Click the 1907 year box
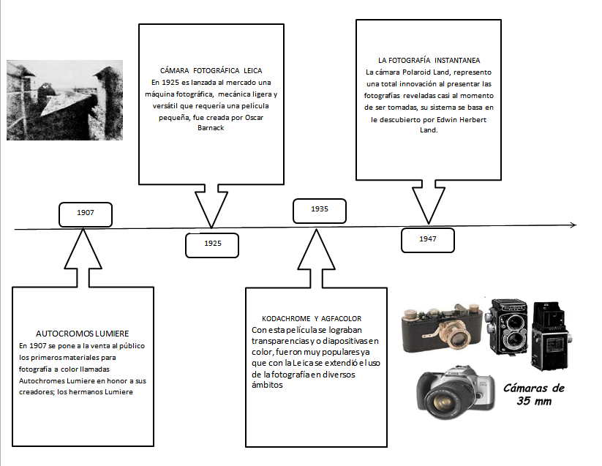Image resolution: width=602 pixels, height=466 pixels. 85,213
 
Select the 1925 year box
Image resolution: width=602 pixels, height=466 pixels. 212,244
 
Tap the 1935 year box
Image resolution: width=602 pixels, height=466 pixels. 319,209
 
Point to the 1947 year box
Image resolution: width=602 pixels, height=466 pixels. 428,239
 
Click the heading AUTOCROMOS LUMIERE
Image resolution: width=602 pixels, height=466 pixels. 82,334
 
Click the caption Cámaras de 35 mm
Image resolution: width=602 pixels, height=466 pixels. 534,394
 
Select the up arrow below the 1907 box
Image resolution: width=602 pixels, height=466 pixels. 85,256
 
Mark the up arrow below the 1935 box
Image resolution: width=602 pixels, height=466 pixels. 316,256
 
